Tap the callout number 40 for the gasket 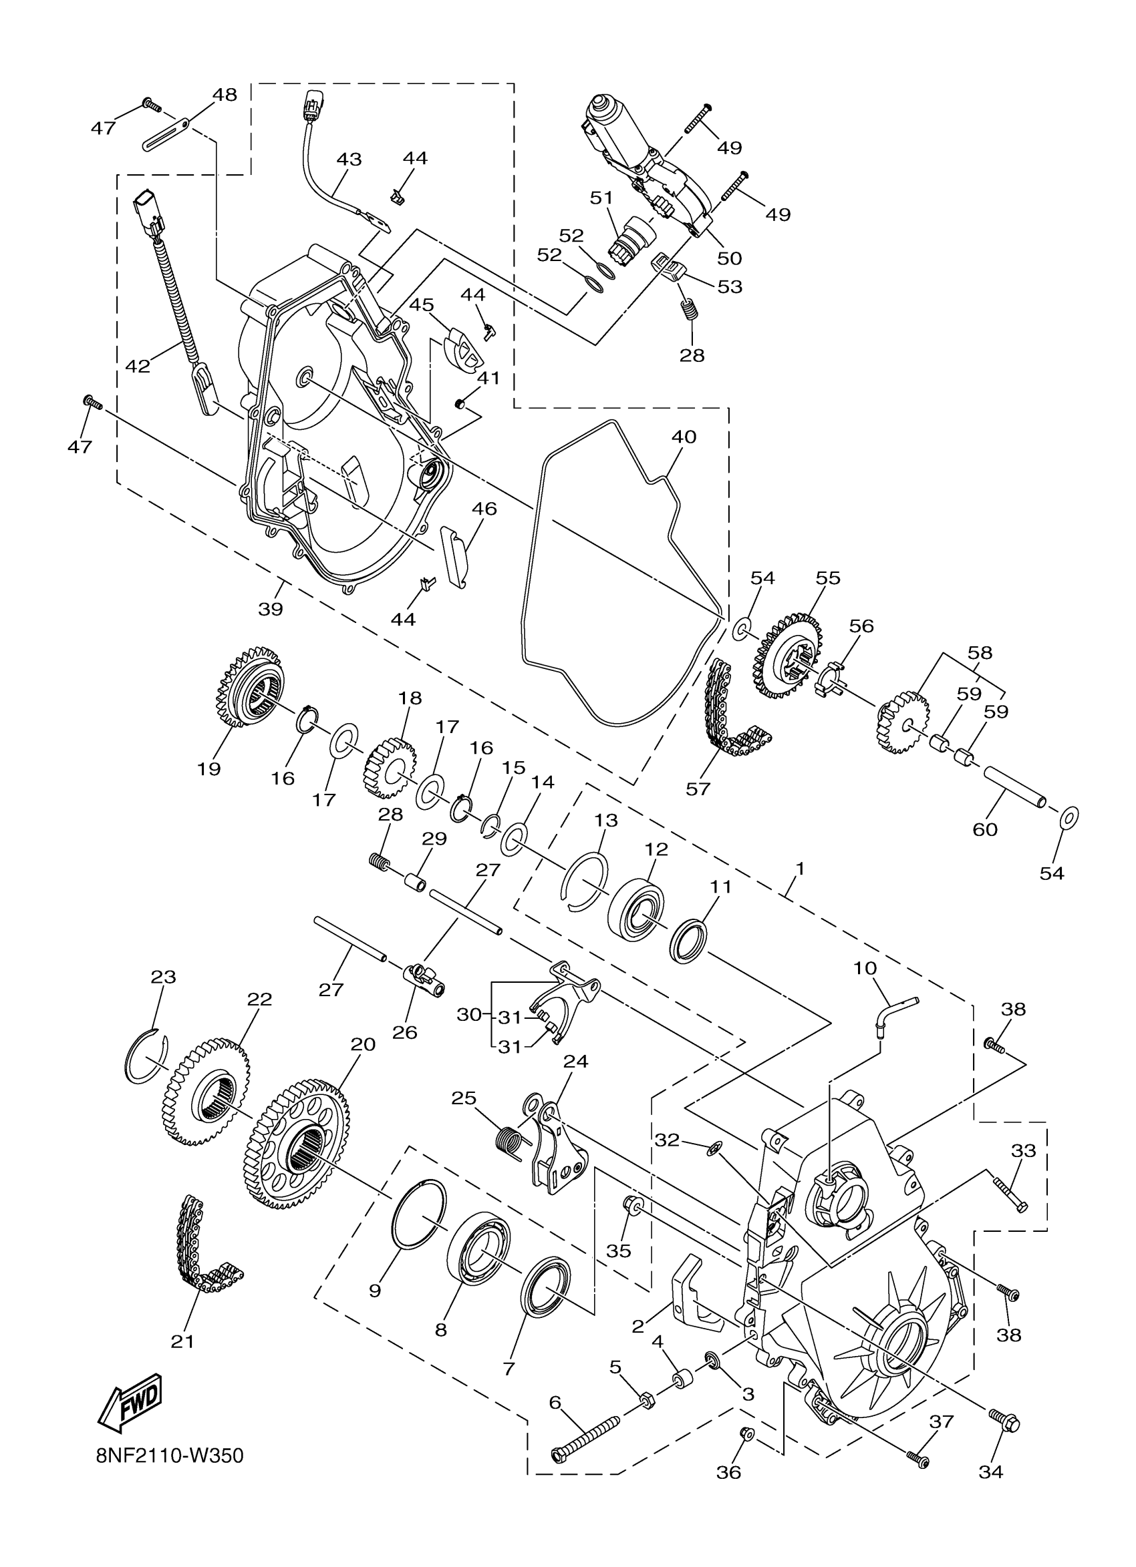[x=683, y=437]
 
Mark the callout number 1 [x=799, y=869]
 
